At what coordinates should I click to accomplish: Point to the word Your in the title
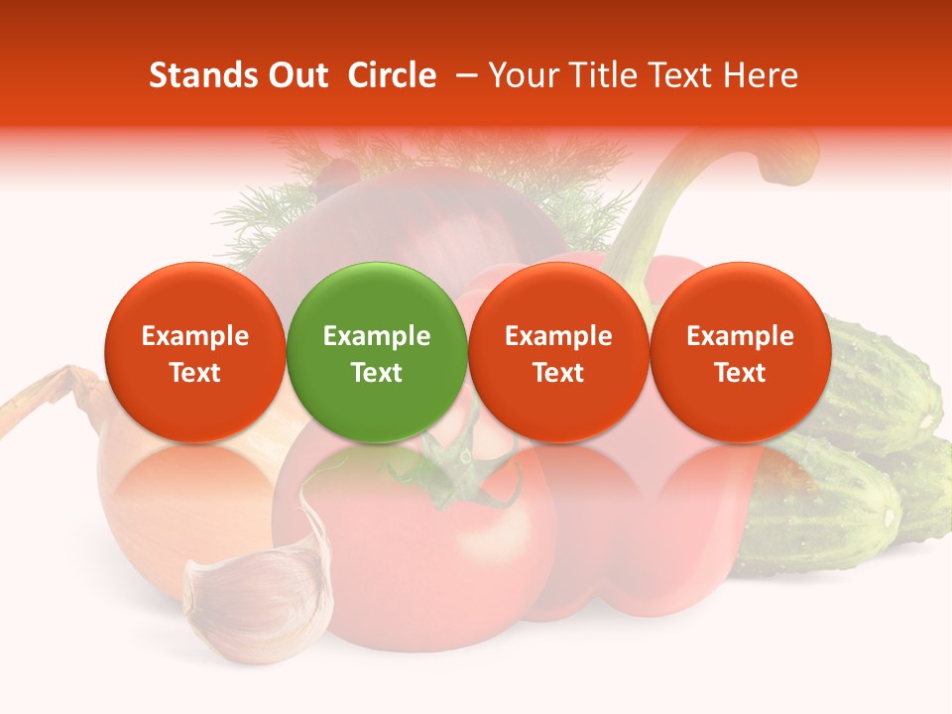click(x=521, y=75)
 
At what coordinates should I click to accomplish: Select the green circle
click(x=377, y=352)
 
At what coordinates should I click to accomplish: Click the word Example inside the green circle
click(x=377, y=336)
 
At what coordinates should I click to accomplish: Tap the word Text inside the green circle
click(x=377, y=373)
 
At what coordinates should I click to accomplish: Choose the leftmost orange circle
click(x=195, y=352)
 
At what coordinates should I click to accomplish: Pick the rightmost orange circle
click(x=741, y=352)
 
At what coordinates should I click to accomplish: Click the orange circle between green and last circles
click(x=558, y=352)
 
